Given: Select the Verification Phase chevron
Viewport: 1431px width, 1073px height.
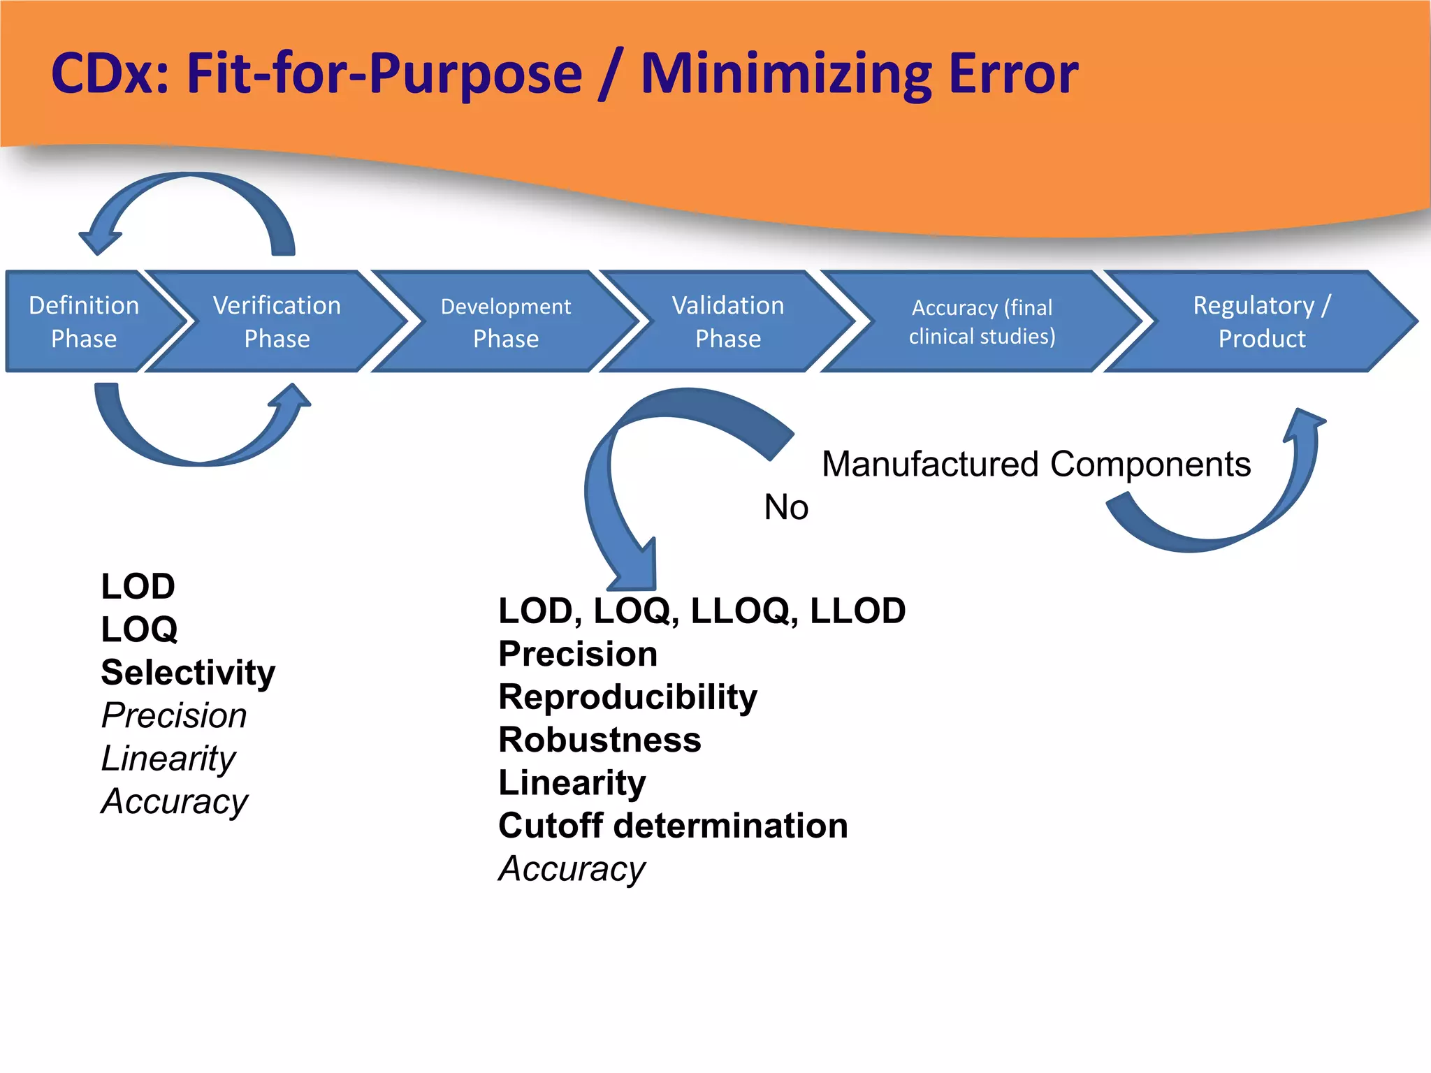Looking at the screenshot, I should coord(277,321).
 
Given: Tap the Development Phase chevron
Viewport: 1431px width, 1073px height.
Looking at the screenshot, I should coord(506,321).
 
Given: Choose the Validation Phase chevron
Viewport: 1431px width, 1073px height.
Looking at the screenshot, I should coord(728,321).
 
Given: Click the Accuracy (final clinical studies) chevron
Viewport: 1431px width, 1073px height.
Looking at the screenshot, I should coord(982,321).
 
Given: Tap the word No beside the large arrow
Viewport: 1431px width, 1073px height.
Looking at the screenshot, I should coord(786,506).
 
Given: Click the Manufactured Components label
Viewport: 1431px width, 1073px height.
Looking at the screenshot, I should coord(1036,464).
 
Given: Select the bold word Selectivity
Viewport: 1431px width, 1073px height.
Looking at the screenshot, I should coord(188,672).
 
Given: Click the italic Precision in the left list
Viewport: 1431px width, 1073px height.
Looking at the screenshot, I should coord(174,715).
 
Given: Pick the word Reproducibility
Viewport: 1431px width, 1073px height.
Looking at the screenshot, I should coord(627,696).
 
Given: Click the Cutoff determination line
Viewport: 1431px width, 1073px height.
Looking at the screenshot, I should coord(673,826).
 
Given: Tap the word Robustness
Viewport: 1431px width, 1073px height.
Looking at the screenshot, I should coord(600,740).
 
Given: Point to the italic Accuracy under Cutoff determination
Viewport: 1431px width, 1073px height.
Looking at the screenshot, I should coord(572,869).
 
